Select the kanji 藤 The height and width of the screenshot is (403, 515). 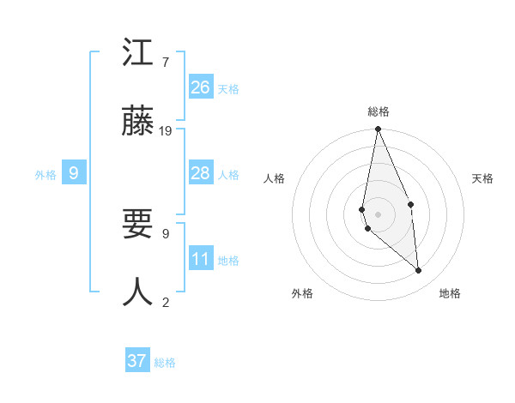pyautogui.click(x=138, y=122)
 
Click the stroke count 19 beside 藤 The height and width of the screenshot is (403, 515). pyautogui.click(x=166, y=131)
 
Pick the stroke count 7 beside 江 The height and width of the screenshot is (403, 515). pyautogui.click(x=165, y=63)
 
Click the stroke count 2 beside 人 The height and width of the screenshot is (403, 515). pyautogui.click(x=165, y=302)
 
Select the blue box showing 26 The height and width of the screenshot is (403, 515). pyautogui.click(x=201, y=87)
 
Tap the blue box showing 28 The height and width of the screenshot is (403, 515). pyautogui.click(x=201, y=173)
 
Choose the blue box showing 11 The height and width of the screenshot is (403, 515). pyautogui.click(x=201, y=259)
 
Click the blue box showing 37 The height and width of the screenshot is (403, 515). pyautogui.click(x=137, y=361)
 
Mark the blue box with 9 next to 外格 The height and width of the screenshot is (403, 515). pyautogui.click(x=74, y=173)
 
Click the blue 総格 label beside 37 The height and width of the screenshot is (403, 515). pyautogui.click(x=165, y=363)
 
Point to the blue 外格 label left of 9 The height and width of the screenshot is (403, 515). pyautogui.click(x=45, y=175)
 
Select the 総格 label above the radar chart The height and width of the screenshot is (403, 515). pyautogui.click(x=379, y=112)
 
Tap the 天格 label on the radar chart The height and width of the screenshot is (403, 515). pyautogui.click(x=482, y=178)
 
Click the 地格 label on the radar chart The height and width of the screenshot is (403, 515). pyautogui.click(x=450, y=294)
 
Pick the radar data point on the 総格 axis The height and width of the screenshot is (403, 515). pyautogui.click(x=378, y=130)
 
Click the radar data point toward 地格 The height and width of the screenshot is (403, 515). pyautogui.click(x=419, y=271)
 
